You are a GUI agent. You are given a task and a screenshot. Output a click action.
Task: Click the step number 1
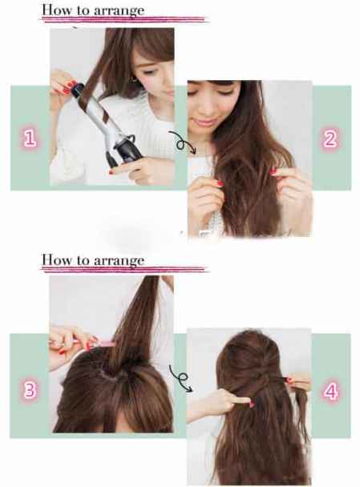(30, 139)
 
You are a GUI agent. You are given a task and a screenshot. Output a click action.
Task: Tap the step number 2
(330, 139)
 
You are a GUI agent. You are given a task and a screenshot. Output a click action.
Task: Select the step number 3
(30, 389)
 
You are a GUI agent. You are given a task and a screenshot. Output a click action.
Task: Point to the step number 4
(330, 391)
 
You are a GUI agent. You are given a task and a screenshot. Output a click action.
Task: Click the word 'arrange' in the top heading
(119, 11)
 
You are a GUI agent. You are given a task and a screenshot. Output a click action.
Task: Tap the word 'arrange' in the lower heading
(119, 261)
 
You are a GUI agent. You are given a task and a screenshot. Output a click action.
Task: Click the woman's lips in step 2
(204, 122)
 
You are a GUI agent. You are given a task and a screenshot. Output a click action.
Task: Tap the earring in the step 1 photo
(135, 80)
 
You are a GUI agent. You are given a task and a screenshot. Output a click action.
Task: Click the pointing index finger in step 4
(240, 401)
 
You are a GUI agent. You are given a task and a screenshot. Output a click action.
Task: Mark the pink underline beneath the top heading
(123, 19)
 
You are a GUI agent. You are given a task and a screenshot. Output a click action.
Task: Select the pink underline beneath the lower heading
(123, 269)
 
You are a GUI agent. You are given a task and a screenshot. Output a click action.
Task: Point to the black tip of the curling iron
(78, 89)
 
